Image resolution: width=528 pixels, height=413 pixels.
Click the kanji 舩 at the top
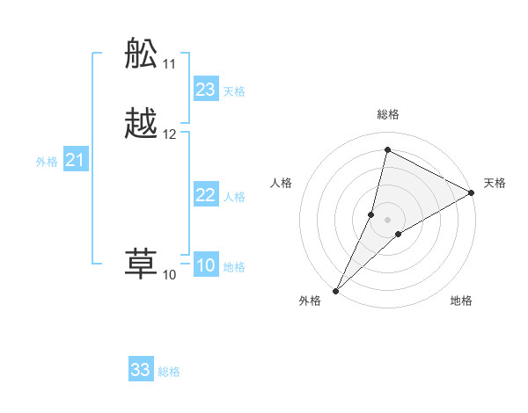142,54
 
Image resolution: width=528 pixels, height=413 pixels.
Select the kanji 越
142,123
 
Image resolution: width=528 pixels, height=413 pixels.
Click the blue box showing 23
206,90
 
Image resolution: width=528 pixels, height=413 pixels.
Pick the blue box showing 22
206,195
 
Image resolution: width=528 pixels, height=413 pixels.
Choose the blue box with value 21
75,160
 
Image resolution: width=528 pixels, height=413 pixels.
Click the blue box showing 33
141,370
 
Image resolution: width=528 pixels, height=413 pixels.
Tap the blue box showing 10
206,266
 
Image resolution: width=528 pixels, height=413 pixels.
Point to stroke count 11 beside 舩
170,64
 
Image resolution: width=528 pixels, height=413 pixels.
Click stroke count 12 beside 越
170,134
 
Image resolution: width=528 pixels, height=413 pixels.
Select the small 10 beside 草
169,275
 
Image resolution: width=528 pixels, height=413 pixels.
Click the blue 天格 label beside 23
234,91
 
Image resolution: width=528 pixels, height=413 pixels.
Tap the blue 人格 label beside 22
234,197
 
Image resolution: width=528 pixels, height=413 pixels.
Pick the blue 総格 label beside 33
169,372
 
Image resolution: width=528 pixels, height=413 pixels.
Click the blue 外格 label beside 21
47,162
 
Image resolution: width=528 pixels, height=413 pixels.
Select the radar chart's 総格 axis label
387,114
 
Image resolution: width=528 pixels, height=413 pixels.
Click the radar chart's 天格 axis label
495,183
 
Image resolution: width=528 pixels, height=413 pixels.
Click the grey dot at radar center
387,219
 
